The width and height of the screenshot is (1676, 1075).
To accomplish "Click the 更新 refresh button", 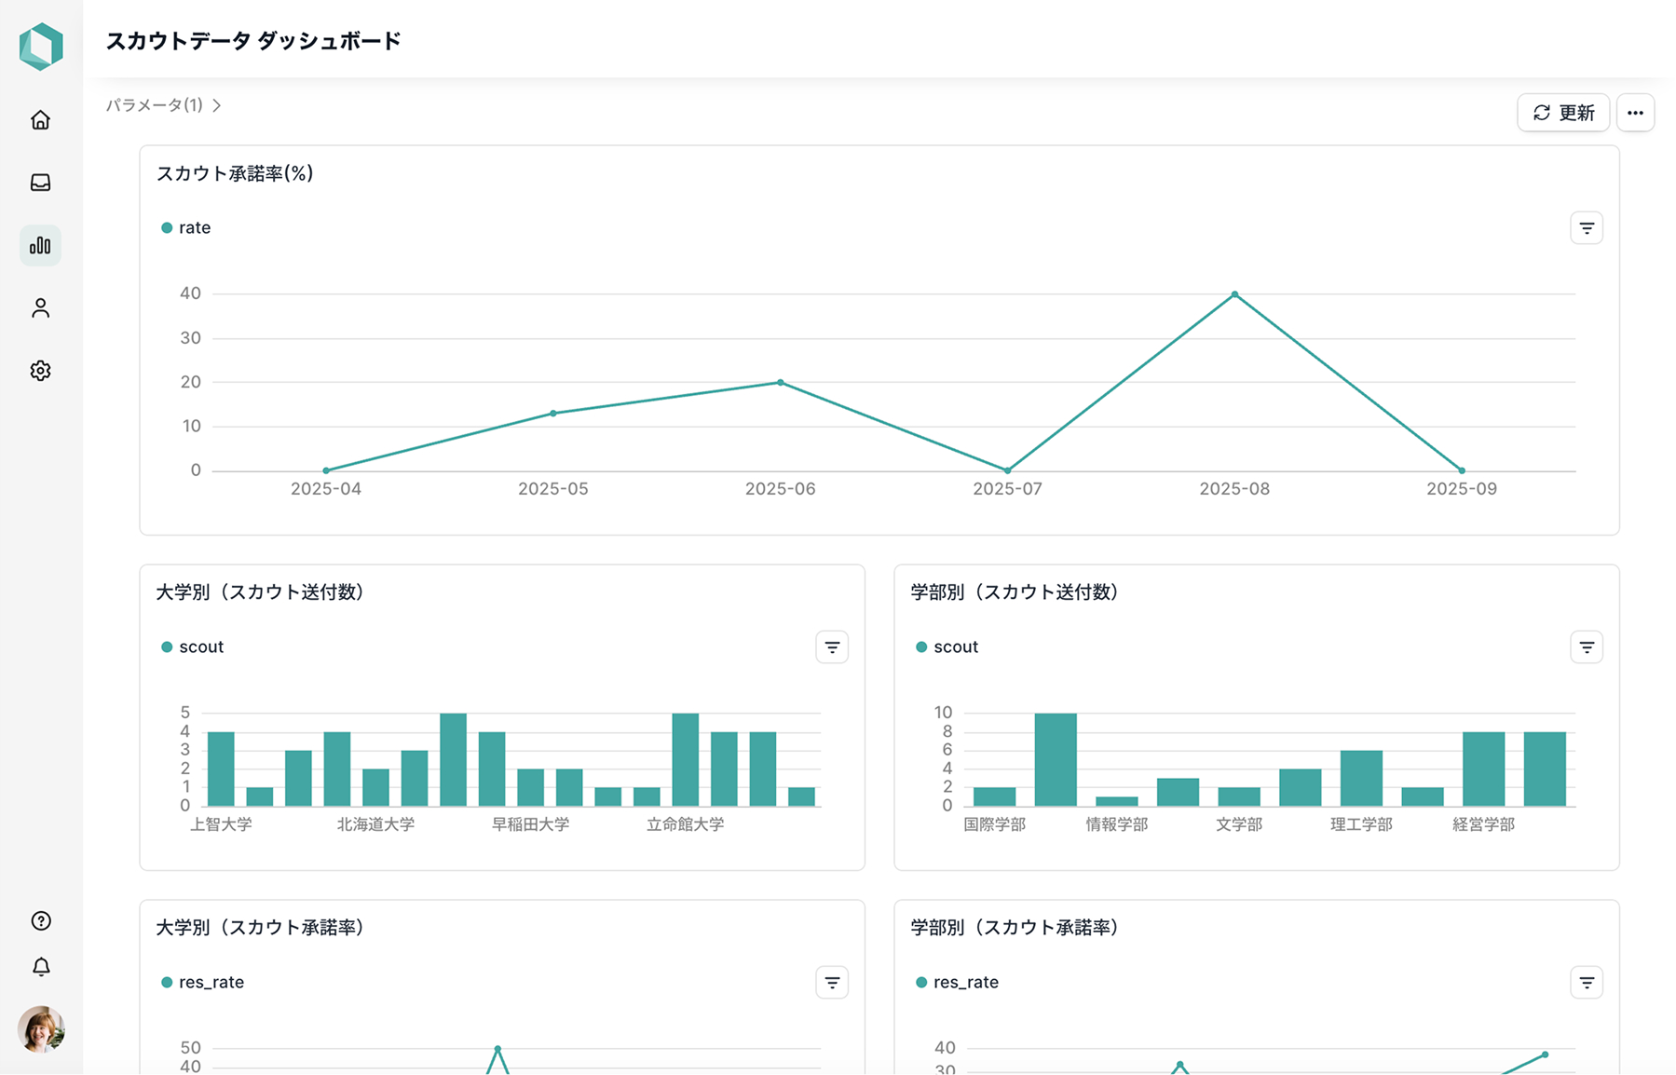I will (1563, 113).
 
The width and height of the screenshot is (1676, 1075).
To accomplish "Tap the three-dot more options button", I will (1635, 113).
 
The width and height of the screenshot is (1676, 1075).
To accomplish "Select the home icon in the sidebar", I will (40, 120).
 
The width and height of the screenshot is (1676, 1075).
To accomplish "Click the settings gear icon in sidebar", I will (40, 371).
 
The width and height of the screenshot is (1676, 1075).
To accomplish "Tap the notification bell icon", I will (41, 967).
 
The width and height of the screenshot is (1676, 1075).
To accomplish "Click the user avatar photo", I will (41, 1029).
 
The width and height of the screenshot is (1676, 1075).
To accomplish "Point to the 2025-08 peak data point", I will (1234, 294).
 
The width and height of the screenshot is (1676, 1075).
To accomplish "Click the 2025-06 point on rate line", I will (781, 382).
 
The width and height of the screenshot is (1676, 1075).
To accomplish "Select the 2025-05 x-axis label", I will (553, 489).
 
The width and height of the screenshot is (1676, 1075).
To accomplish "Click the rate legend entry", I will (186, 227).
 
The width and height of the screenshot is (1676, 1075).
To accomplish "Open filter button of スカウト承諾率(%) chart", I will (1587, 228).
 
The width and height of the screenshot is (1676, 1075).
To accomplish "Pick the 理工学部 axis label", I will (1361, 824).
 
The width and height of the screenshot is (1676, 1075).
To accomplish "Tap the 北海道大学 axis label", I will (375, 824).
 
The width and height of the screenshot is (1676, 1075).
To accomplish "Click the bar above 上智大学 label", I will (221, 769).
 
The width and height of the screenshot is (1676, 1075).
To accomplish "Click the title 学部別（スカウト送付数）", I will (1015, 592).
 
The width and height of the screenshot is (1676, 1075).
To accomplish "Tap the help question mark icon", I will (41, 920).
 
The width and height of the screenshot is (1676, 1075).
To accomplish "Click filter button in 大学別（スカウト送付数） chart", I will (832, 647).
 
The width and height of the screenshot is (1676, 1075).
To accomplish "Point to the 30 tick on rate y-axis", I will (191, 338).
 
